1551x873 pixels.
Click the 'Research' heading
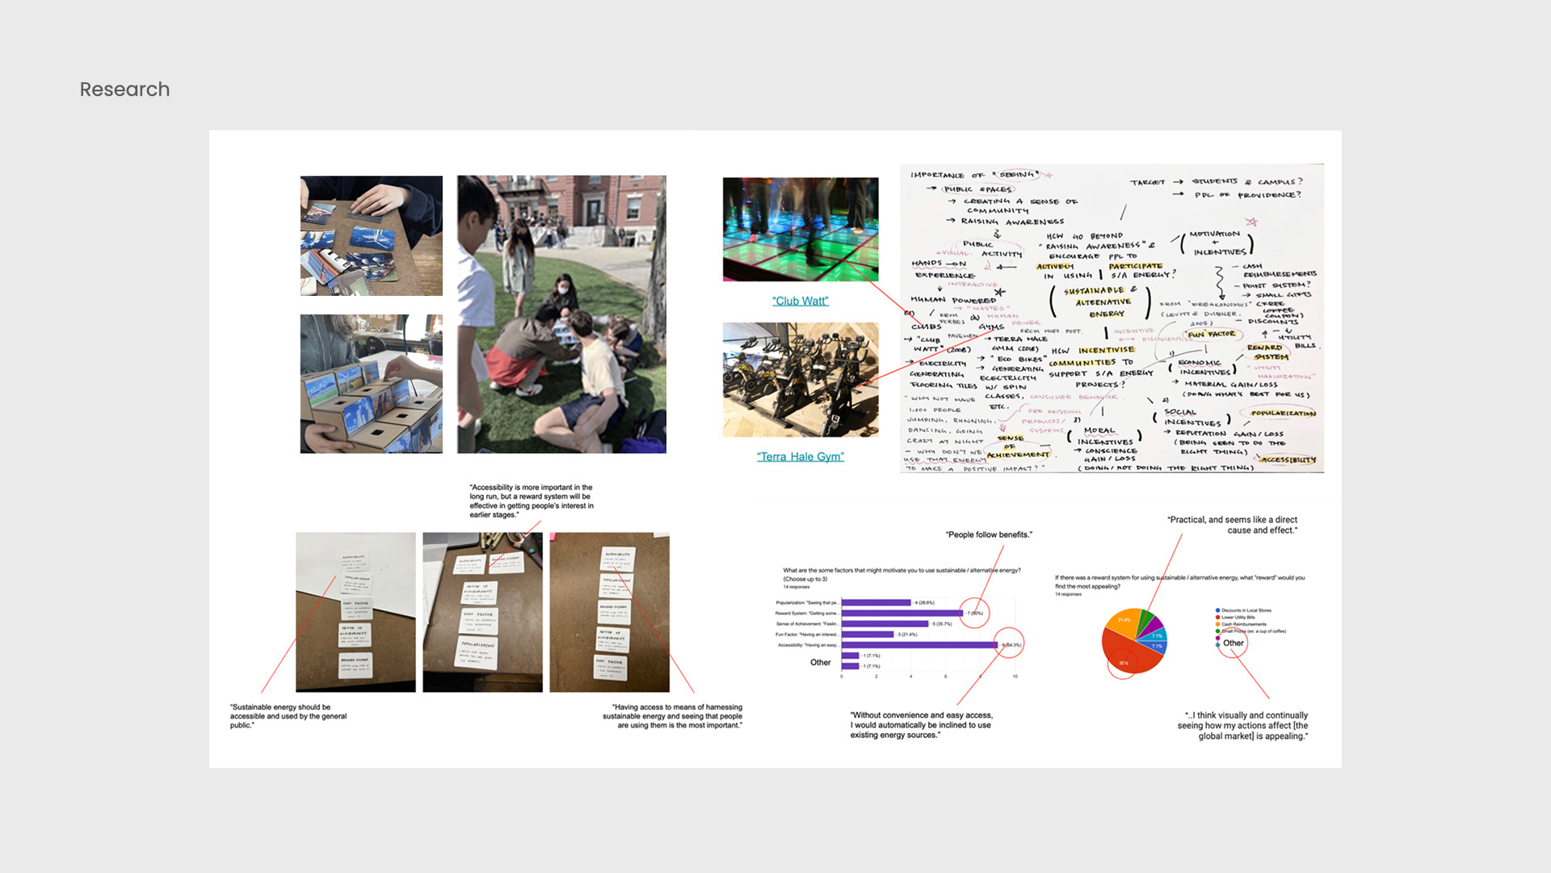click(124, 89)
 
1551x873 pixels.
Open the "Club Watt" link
click(800, 301)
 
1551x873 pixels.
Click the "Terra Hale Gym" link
click(800, 457)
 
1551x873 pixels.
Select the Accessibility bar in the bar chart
click(919, 645)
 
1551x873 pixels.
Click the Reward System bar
click(902, 614)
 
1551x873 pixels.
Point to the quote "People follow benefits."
click(989, 534)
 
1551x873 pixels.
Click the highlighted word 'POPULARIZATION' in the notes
click(1283, 413)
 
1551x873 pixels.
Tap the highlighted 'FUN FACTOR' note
click(1210, 334)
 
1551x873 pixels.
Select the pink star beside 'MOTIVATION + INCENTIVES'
click(1251, 222)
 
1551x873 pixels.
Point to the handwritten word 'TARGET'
click(1147, 183)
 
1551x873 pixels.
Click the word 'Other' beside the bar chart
click(820, 663)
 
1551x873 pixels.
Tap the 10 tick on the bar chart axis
click(1015, 676)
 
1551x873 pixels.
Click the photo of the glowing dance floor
click(800, 229)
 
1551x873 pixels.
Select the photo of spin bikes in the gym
click(800, 380)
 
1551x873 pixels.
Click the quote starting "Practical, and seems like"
click(1232, 525)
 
